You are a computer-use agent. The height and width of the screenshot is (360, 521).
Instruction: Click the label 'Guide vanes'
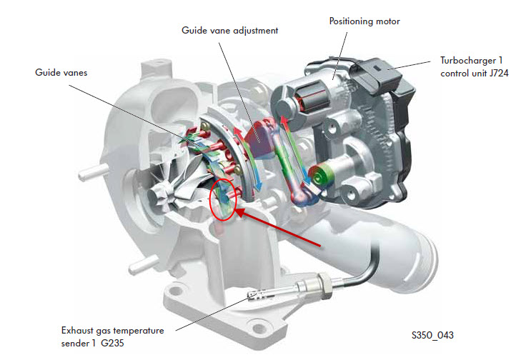click(x=59, y=72)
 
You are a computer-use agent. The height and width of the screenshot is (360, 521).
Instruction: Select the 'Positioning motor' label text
click(x=364, y=21)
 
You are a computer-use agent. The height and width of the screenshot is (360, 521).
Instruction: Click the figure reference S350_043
click(x=432, y=335)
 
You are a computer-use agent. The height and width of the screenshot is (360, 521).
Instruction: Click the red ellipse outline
click(x=223, y=201)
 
